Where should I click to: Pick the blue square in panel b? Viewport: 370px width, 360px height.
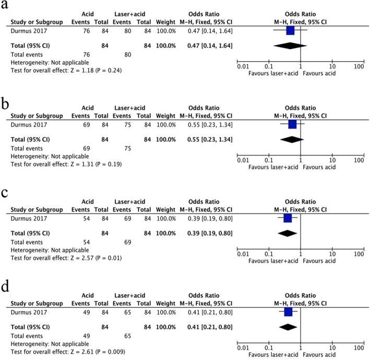[x=292, y=124]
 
